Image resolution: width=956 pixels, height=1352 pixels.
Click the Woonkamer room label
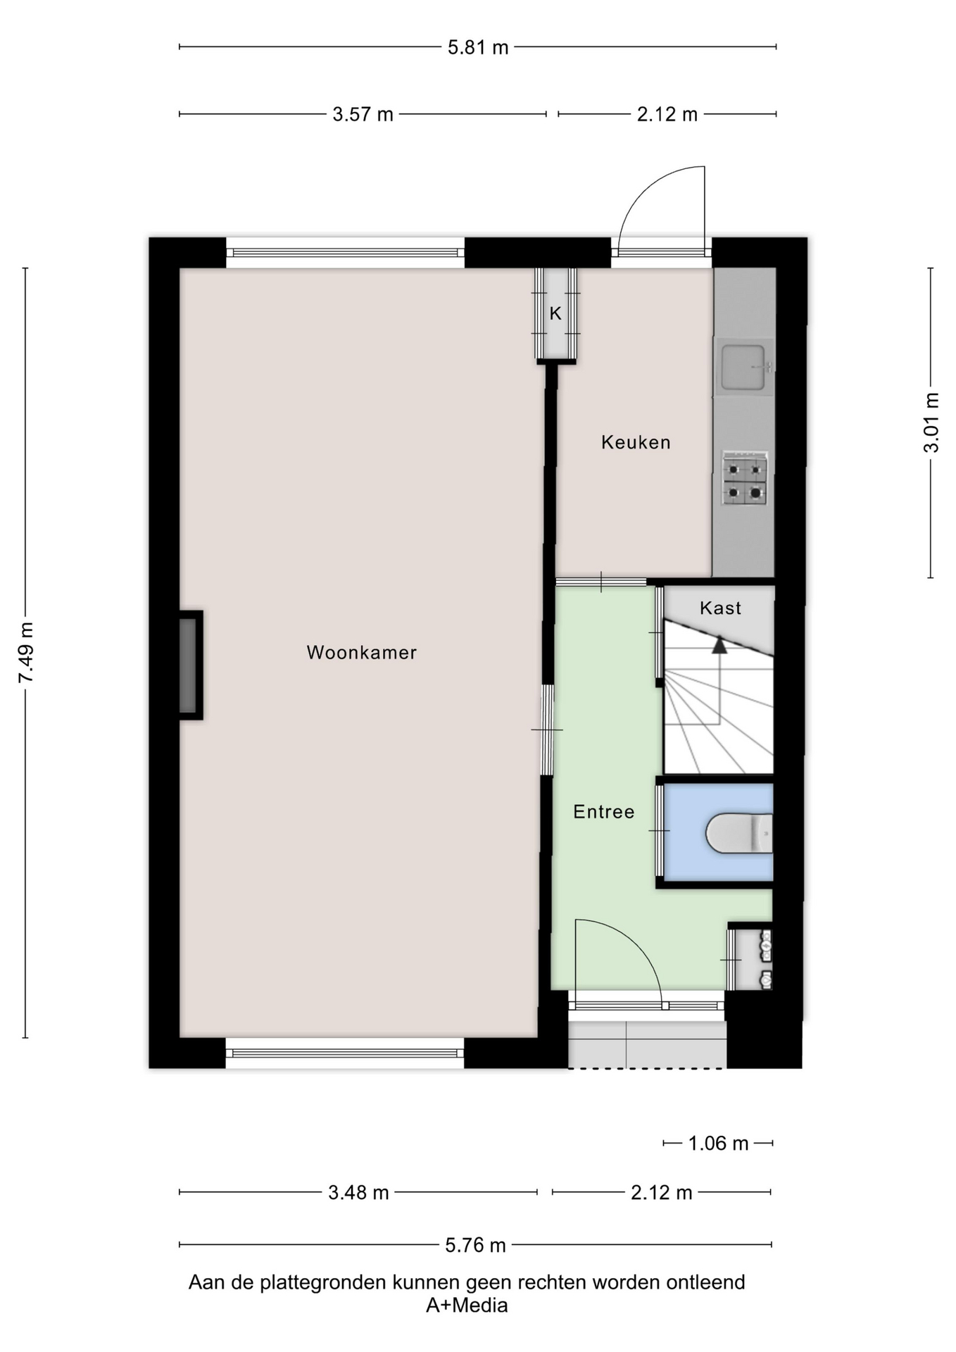(x=361, y=653)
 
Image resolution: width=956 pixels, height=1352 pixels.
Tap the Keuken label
(x=636, y=442)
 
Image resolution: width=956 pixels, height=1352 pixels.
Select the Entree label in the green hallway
(x=604, y=812)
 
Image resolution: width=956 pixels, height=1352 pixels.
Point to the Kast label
(x=720, y=608)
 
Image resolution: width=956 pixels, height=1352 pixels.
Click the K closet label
(x=555, y=313)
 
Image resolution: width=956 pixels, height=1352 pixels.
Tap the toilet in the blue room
(x=739, y=833)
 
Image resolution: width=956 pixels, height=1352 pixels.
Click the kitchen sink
(x=744, y=367)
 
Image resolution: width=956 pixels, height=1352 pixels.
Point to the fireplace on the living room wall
(x=189, y=665)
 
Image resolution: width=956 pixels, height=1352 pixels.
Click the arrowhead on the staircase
(x=719, y=645)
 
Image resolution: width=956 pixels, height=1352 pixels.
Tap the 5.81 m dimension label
(x=478, y=48)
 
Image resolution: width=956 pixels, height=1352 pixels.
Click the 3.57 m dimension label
(x=363, y=114)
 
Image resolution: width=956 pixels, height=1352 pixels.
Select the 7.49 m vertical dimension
(x=25, y=653)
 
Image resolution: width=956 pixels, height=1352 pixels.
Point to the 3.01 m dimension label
(x=931, y=423)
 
